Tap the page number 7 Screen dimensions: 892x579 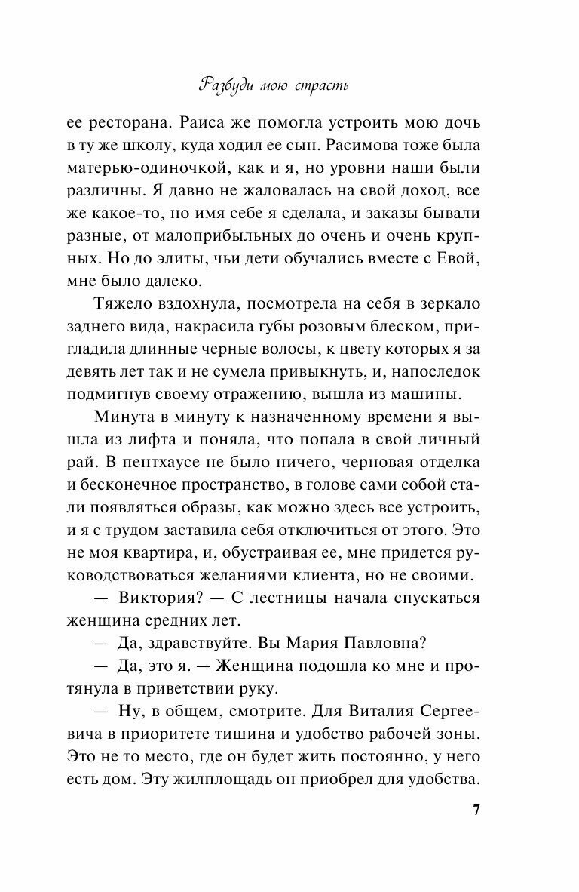[x=476, y=810]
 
